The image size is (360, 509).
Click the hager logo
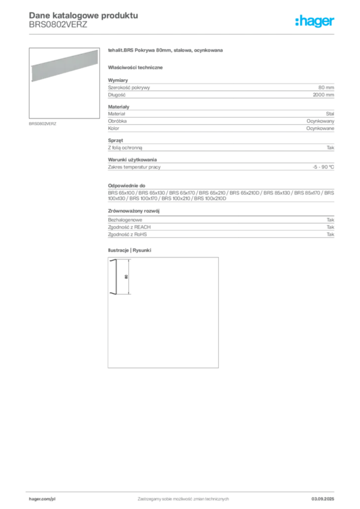point(314,21)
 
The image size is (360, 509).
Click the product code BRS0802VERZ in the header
point(58,25)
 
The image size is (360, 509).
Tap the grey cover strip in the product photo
point(65,66)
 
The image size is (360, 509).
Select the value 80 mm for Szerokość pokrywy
point(326,87)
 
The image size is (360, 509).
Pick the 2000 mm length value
point(323,95)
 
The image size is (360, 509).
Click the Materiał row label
point(116,114)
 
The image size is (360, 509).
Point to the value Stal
point(330,114)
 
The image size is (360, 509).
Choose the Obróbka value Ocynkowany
point(320,121)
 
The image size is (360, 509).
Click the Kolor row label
point(113,128)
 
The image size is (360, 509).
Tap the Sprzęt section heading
point(115,140)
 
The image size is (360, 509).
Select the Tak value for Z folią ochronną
point(330,148)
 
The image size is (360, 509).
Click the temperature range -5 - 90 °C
point(323,167)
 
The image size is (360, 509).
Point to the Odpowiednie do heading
point(127,186)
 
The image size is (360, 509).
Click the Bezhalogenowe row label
point(125,220)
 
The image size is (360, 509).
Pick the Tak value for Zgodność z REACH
point(330,227)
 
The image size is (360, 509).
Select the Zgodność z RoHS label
point(127,235)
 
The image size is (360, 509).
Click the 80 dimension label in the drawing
point(126,277)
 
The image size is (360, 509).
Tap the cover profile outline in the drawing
point(116,277)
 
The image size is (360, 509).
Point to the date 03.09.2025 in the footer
point(323,499)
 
